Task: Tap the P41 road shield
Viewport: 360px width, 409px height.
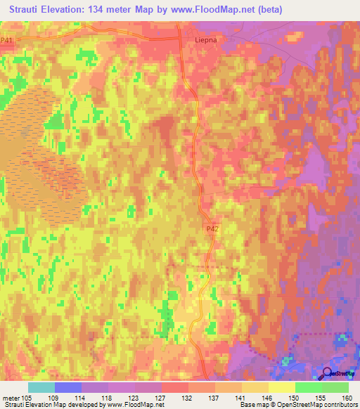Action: pos(7,41)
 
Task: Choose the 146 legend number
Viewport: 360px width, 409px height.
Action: pos(268,397)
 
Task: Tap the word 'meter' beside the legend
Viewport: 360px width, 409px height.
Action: pos(11,397)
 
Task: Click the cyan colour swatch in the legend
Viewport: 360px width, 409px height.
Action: pos(41,387)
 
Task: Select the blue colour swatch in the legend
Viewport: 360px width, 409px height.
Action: pos(68,387)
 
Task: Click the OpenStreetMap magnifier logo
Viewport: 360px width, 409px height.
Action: pos(328,373)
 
